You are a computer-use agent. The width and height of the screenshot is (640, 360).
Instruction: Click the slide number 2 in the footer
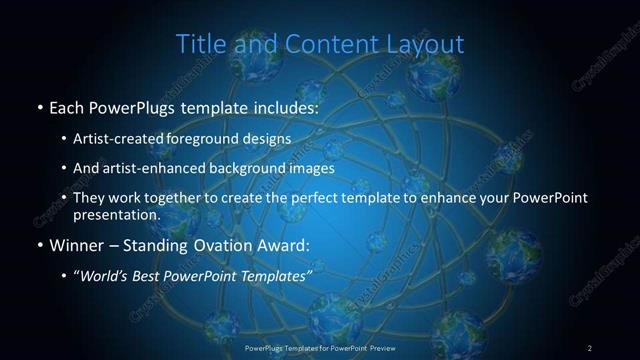click(x=590, y=347)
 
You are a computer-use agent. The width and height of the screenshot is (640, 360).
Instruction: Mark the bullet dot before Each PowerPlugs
click(x=39, y=106)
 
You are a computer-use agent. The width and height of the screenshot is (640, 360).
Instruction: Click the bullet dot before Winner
click(x=39, y=245)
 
